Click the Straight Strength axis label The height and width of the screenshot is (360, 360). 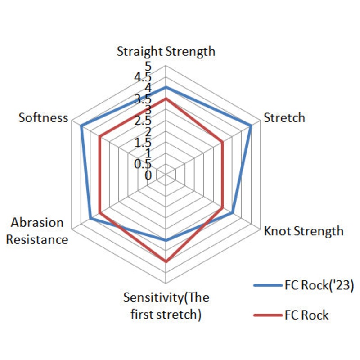click(x=166, y=51)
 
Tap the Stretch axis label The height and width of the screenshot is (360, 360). click(x=284, y=118)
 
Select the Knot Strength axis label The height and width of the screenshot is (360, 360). click(x=303, y=231)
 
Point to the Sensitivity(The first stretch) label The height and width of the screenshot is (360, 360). click(x=166, y=306)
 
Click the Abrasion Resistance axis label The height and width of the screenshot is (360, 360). click(x=40, y=231)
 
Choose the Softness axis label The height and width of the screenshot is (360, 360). click(x=43, y=118)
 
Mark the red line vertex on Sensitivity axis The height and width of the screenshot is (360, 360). click(x=166, y=261)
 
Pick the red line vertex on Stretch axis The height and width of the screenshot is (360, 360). click(x=223, y=142)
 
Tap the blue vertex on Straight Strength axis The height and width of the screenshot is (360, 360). click(x=166, y=87)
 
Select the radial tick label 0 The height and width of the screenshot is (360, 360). click(x=148, y=175)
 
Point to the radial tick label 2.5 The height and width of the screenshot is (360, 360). click(x=144, y=121)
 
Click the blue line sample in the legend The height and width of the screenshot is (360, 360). click(x=267, y=285)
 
